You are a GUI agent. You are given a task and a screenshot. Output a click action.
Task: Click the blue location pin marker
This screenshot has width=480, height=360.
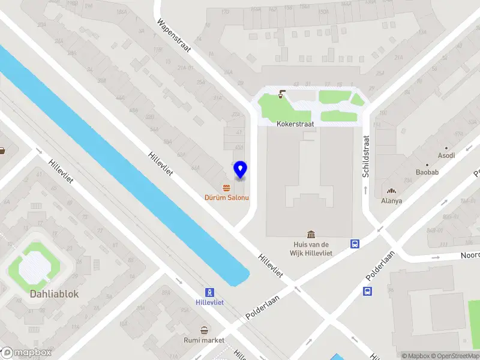pyautogui.click(x=240, y=170)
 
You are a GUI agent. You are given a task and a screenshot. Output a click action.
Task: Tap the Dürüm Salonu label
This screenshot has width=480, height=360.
pyautogui.click(x=226, y=197)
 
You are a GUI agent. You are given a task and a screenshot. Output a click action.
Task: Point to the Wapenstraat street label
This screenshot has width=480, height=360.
pyautogui.click(x=173, y=36)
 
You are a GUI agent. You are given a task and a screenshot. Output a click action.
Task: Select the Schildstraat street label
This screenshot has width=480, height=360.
pyautogui.click(x=365, y=156)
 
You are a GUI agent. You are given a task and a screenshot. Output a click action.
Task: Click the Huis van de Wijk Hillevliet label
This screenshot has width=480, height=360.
pyautogui.click(x=311, y=248)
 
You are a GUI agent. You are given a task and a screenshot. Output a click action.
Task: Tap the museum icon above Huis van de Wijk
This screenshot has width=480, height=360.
pyautogui.click(x=311, y=233)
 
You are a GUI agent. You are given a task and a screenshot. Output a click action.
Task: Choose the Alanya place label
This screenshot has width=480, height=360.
pyautogui.click(x=391, y=201)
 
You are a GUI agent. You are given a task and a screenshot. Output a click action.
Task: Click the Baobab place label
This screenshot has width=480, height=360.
pyautogui.click(x=427, y=172)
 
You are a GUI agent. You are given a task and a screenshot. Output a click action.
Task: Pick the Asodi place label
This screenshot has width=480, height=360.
pyautogui.click(x=446, y=155)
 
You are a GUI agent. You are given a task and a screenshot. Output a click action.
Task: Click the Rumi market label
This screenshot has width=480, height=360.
pyautogui.click(x=204, y=340)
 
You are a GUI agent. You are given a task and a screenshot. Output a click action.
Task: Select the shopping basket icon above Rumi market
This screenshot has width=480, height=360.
pyautogui.click(x=204, y=329)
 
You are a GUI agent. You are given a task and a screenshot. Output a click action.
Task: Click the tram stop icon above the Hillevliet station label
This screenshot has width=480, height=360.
pyautogui.click(x=209, y=292)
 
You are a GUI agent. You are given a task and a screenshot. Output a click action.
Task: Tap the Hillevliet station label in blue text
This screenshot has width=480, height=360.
pyautogui.click(x=209, y=302)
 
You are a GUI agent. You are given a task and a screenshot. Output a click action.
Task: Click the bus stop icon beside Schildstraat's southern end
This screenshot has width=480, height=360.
pyautogui.click(x=355, y=244)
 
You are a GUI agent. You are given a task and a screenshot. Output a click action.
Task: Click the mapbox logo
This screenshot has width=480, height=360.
pyautogui.click(x=26, y=353)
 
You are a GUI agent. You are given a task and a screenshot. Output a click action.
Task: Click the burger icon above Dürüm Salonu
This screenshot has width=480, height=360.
pyautogui.click(x=226, y=187)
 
